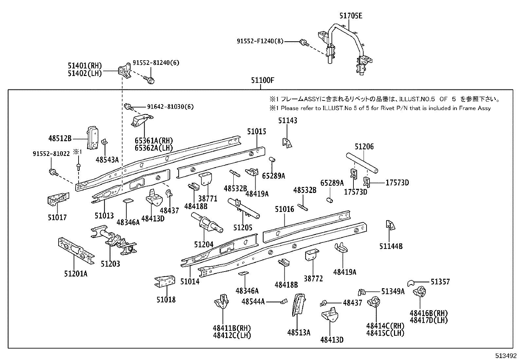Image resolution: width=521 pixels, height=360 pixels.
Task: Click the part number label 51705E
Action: tap(351, 15)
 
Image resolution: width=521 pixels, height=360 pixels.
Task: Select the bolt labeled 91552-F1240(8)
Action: tap(304, 42)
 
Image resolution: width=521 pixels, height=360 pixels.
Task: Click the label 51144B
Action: tap(391, 246)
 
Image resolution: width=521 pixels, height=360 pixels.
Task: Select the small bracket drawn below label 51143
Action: tap(287, 142)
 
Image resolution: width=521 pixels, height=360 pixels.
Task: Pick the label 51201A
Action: tap(76, 274)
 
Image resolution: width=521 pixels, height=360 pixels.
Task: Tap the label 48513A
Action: tap(299, 332)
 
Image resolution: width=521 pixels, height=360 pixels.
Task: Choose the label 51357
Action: tap(440, 282)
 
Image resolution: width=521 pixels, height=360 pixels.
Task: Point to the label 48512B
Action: tap(60, 139)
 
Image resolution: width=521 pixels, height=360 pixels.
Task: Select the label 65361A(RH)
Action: tap(153, 141)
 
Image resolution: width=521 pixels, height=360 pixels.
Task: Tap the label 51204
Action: tap(204, 244)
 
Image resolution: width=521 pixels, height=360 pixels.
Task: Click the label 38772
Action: tap(313, 278)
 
